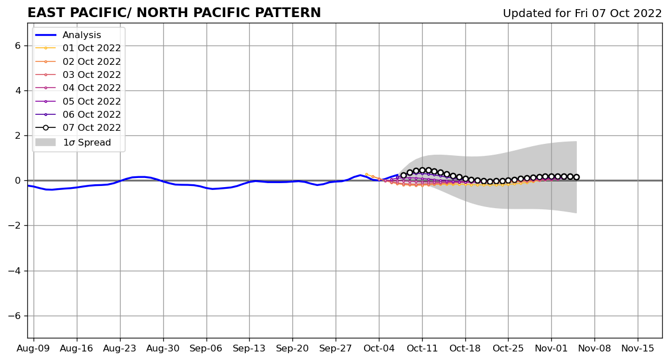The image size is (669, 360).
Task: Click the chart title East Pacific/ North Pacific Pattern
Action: [174, 13]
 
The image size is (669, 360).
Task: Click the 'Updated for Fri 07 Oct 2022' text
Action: [582, 14]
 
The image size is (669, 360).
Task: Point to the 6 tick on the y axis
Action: [17, 45]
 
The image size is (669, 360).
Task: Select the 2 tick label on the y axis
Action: [17, 135]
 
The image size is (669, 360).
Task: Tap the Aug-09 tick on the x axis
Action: [34, 348]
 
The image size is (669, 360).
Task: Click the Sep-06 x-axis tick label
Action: [206, 348]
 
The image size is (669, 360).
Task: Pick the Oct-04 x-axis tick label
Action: [379, 348]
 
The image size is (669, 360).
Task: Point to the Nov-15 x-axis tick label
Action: [638, 348]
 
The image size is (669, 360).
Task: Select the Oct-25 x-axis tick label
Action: [508, 348]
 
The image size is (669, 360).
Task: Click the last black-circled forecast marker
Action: [576, 177]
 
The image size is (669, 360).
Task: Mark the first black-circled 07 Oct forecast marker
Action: [403, 176]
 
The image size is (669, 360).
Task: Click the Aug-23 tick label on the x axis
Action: [120, 348]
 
